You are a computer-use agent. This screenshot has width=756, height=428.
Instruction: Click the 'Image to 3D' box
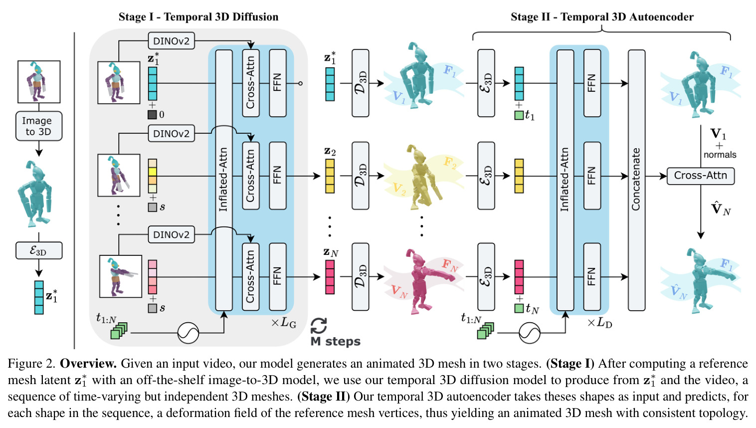[39, 126]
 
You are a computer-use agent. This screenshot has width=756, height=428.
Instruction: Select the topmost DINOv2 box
[172, 41]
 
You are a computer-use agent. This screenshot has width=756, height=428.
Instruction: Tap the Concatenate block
[636, 180]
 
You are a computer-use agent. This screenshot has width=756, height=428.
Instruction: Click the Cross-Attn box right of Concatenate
[701, 176]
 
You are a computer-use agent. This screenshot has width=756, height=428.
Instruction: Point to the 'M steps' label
[336, 341]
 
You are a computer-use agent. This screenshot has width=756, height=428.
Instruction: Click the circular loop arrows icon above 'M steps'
[319, 326]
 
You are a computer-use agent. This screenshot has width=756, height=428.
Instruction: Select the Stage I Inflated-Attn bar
[224, 180]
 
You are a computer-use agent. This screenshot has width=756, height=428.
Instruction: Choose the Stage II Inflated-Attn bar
[566, 180]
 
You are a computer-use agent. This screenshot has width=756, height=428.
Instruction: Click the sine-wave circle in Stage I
[189, 333]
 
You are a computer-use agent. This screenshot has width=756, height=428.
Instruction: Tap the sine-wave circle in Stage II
[530, 333]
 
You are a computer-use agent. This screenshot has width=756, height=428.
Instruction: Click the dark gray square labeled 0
[152, 115]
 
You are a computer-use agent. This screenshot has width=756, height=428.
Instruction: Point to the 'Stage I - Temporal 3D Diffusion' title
[198, 17]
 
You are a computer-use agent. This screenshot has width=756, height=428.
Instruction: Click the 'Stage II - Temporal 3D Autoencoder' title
[602, 17]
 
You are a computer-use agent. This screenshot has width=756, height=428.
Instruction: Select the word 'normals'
[720, 155]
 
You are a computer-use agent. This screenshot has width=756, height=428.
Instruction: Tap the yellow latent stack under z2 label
[330, 176]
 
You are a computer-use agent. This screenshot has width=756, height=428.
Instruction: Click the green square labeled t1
[519, 115]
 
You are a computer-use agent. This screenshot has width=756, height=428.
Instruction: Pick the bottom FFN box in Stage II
[592, 277]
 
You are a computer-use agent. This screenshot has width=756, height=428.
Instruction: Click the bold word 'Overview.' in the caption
[88, 364]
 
